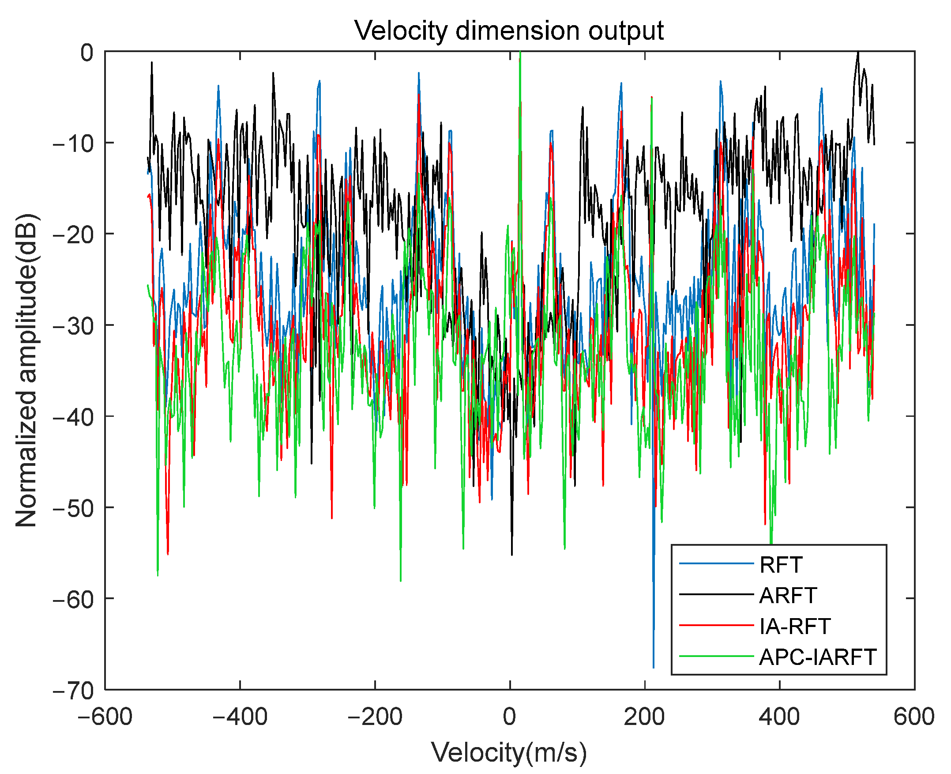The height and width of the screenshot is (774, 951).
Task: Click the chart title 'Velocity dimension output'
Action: point(509,31)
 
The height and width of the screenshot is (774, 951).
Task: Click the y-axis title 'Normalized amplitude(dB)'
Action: point(26,370)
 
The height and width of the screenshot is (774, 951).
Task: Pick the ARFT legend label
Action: point(787,595)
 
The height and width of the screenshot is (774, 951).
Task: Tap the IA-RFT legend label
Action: point(795,626)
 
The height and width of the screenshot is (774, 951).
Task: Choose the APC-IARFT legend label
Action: point(817,657)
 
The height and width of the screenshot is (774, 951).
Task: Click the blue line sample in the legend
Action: point(716,564)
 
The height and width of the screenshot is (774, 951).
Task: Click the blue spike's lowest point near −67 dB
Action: point(654,667)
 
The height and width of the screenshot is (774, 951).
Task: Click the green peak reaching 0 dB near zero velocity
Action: point(520,53)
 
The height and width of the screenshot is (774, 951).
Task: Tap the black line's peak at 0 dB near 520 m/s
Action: point(858,53)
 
